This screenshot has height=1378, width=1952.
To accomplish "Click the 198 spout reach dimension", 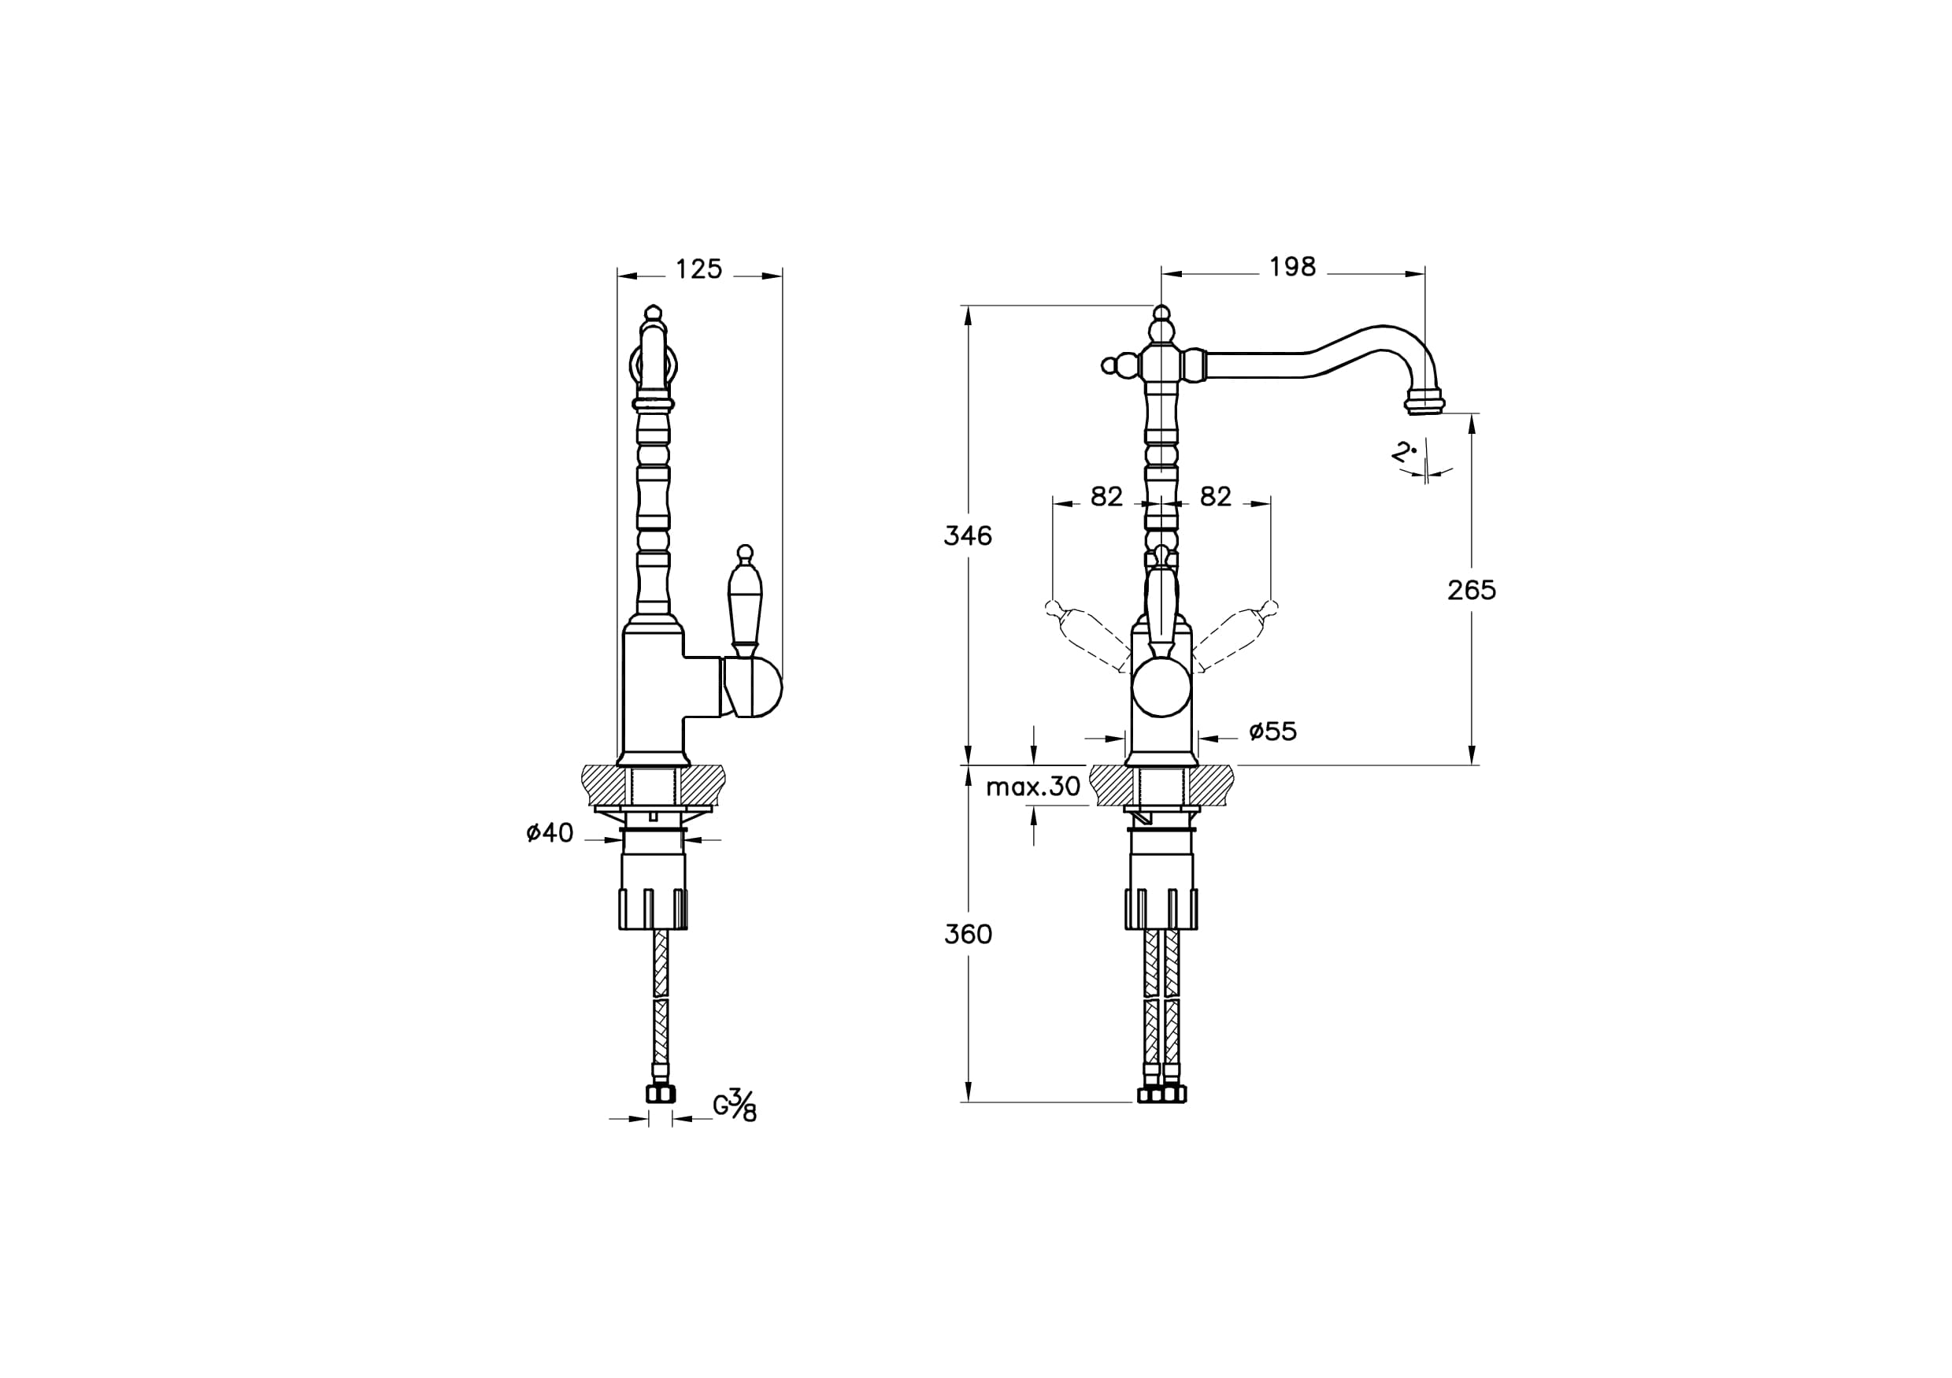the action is tap(1292, 267).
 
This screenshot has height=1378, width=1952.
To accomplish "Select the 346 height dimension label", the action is tap(968, 535).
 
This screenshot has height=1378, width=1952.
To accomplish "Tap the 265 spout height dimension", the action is tap(1472, 590).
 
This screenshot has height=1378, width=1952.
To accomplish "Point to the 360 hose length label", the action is tap(968, 934).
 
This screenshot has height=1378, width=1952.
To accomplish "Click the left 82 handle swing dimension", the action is tap(1106, 496).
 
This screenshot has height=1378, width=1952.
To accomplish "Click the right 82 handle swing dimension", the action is tap(1215, 496).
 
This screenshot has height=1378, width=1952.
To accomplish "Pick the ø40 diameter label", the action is tap(550, 833).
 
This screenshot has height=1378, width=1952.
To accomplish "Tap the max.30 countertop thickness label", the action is tap(1033, 787).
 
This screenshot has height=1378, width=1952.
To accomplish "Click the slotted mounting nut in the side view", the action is tap(653, 909).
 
